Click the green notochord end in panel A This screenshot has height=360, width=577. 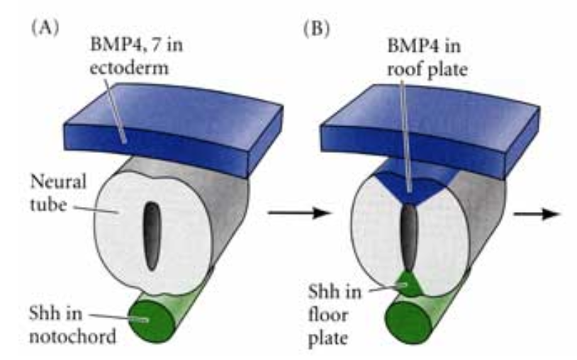tap(146, 319)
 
